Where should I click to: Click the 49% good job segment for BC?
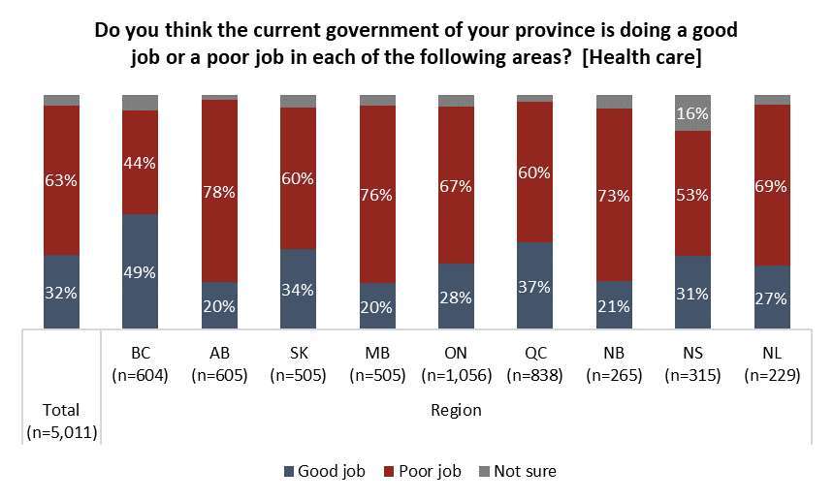coord(140,271)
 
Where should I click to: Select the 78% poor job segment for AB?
coord(220,191)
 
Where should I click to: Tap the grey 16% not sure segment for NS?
coord(692,113)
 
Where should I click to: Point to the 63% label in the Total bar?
coord(61,180)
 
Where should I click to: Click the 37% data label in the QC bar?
coord(534,287)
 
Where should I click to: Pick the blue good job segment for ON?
coord(457,297)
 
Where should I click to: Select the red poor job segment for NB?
coord(614,195)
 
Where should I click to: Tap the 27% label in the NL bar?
coord(771,298)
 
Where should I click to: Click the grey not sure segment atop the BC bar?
coord(140,103)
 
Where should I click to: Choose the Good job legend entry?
coord(325,471)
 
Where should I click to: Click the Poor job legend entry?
coord(423,471)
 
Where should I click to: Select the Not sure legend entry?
coord(518,471)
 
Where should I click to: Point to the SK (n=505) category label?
coord(298,364)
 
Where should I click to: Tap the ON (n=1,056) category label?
coord(457,364)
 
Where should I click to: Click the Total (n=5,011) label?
coord(62,422)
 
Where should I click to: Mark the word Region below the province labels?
coord(457,410)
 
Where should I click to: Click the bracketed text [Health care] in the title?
coord(642,57)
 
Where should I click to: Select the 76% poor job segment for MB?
coord(377,195)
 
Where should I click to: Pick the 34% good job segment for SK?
coord(298,289)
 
